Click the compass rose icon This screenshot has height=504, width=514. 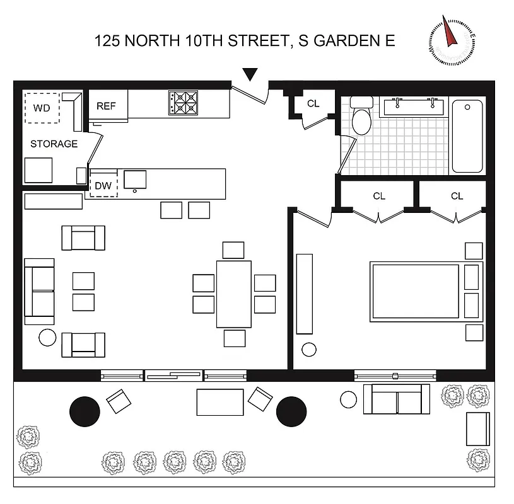451,40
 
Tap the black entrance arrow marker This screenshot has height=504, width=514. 251,74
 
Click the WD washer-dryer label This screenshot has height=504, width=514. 42,108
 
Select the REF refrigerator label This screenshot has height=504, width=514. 107,106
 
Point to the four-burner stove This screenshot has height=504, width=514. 182,103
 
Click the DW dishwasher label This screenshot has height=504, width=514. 103,186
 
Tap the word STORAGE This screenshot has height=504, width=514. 54,144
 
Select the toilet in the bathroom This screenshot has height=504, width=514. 361,117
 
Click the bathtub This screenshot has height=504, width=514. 467,136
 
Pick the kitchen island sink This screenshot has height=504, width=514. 135,180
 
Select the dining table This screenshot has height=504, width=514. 233,294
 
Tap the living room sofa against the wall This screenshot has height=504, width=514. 39,290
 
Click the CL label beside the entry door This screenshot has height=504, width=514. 313,104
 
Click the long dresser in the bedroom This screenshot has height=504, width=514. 305,294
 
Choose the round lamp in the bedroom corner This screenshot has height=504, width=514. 309,349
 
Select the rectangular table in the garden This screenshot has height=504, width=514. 220,402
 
